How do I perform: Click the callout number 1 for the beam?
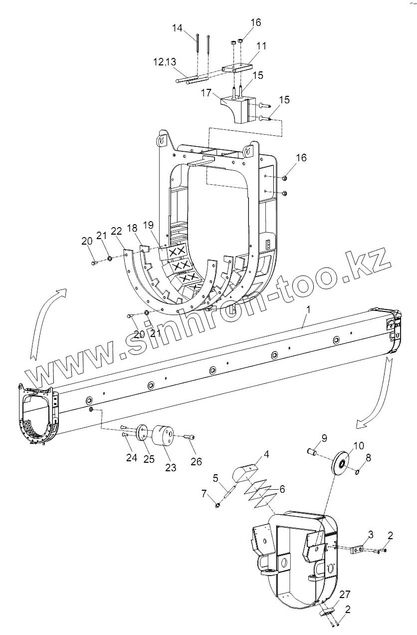pos(308,310)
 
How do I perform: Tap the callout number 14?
pos(178,29)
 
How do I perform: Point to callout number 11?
pos(261,46)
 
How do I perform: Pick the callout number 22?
pos(116,231)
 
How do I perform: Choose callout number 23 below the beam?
pos(171,467)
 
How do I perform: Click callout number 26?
pos(196,462)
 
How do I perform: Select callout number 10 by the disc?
pos(359,445)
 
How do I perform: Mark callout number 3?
pos(371,535)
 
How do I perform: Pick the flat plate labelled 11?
pos(237,67)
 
